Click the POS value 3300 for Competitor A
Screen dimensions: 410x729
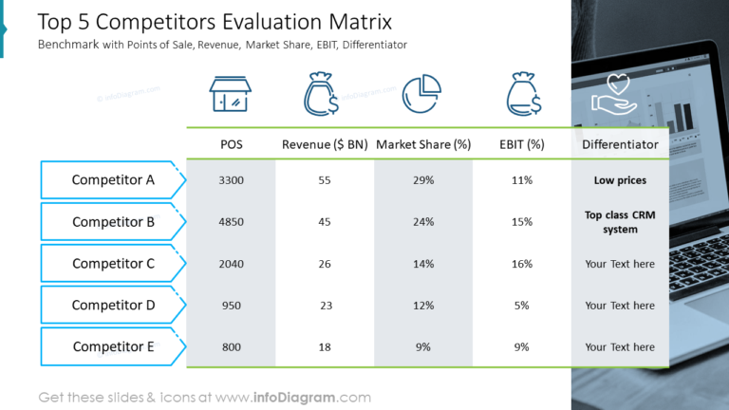click(x=231, y=180)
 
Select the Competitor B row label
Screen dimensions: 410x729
click(x=113, y=222)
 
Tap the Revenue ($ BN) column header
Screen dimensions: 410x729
click(x=325, y=145)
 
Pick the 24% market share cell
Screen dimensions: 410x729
click(x=422, y=222)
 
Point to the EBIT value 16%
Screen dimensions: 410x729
click(x=521, y=264)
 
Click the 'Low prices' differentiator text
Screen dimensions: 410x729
click(x=620, y=180)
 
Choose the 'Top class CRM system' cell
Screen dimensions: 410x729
click(x=620, y=222)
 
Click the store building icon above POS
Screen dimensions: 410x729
click(x=231, y=95)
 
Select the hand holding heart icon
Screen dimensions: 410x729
click(x=617, y=95)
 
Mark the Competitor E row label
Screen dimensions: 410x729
click(x=113, y=347)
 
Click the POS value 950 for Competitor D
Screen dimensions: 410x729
click(x=231, y=306)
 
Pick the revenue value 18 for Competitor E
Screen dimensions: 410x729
click(x=326, y=347)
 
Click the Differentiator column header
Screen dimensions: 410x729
click(x=620, y=145)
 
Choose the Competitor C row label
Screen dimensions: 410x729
click(x=113, y=264)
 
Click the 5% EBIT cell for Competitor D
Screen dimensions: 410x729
click(x=521, y=306)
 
